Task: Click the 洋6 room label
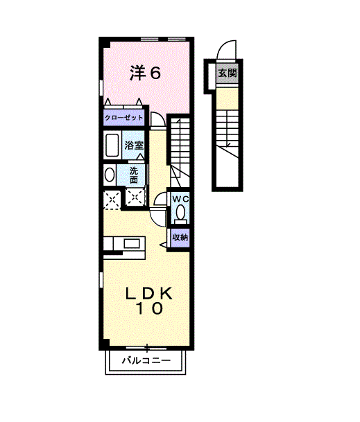click(146, 73)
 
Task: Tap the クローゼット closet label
click(124, 118)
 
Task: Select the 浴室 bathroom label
click(134, 146)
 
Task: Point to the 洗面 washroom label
click(134, 175)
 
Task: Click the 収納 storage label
click(180, 237)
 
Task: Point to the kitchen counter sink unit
click(124, 244)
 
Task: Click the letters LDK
click(148, 293)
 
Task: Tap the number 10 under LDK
click(148, 310)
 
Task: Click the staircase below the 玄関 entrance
click(226, 128)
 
